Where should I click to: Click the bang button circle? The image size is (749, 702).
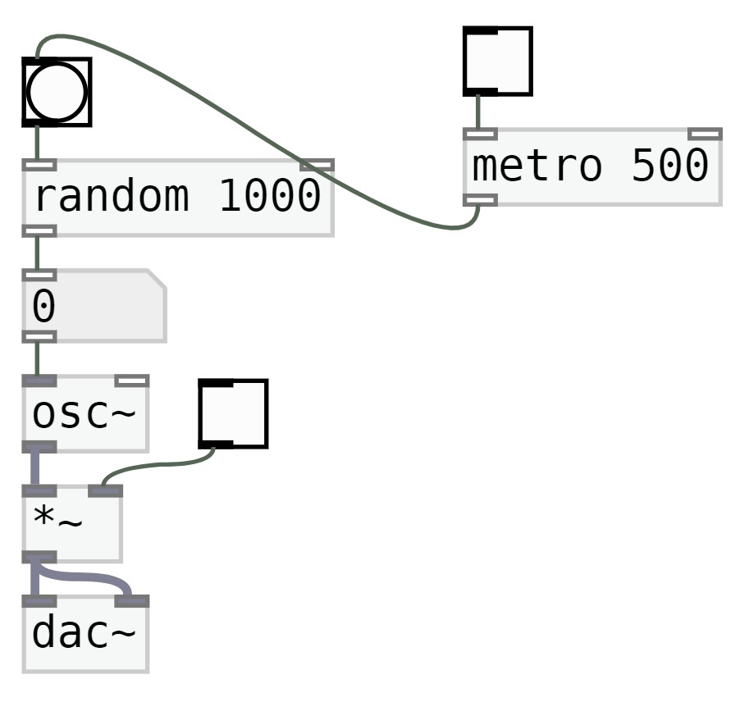click(x=57, y=92)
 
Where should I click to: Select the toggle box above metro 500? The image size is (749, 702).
click(x=497, y=61)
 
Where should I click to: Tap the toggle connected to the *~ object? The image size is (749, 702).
click(x=233, y=413)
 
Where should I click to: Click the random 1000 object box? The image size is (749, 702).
click(x=177, y=198)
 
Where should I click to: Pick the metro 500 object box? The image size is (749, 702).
click(x=591, y=166)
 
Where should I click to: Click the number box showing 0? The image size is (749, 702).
click(x=94, y=305)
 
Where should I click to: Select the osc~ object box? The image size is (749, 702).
click(x=85, y=414)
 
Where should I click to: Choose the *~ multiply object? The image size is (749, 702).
click(x=72, y=523)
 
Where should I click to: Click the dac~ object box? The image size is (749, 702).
click(x=85, y=635)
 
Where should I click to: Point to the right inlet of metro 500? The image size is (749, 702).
click(x=705, y=134)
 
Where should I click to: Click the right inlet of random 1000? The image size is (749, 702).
click(x=317, y=165)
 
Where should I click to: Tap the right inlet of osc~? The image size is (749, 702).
click(x=131, y=381)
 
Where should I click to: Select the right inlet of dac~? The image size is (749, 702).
click(x=131, y=601)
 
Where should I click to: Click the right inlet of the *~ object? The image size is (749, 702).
click(x=105, y=490)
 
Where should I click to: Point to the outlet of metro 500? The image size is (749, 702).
click(x=480, y=199)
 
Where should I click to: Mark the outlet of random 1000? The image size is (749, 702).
click(x=39, y=231)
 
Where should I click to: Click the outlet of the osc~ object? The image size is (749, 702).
click(x=39, y=447)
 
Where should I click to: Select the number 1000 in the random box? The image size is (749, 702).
click(x=269, y=198)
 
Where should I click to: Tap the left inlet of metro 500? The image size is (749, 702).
click(x=480, y=134)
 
